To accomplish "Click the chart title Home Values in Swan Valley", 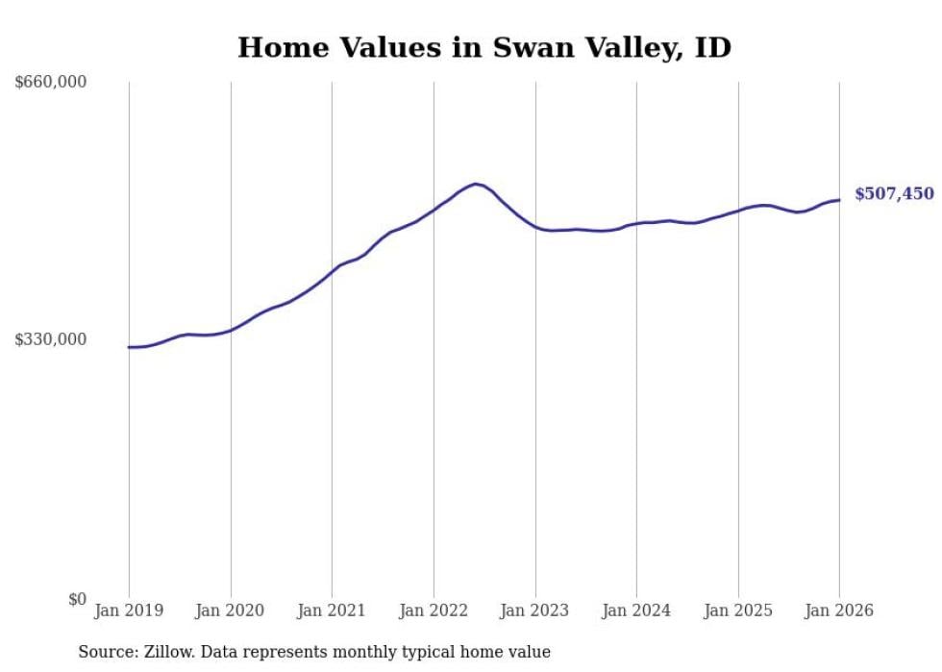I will [483, 47].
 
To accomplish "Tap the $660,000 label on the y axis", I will [51, 83].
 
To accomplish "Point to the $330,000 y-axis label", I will [51, 339].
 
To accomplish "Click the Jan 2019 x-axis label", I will [129, 610].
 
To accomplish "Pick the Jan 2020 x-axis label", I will [231, 610].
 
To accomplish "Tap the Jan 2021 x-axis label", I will [332, 610].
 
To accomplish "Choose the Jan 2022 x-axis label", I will [434, 610].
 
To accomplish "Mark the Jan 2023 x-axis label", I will [535, 610].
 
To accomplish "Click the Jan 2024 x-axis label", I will [636, 610].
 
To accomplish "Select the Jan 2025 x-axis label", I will [738, 610].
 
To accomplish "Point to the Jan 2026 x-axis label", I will [839, 610].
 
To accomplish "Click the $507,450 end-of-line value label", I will [894, 194].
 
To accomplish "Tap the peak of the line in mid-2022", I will [475, 184].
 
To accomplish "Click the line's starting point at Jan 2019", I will [129, 347].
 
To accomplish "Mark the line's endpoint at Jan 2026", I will [839, 200].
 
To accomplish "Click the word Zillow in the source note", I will [162, 652].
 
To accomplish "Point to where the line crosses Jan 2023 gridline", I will [535, 227].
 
